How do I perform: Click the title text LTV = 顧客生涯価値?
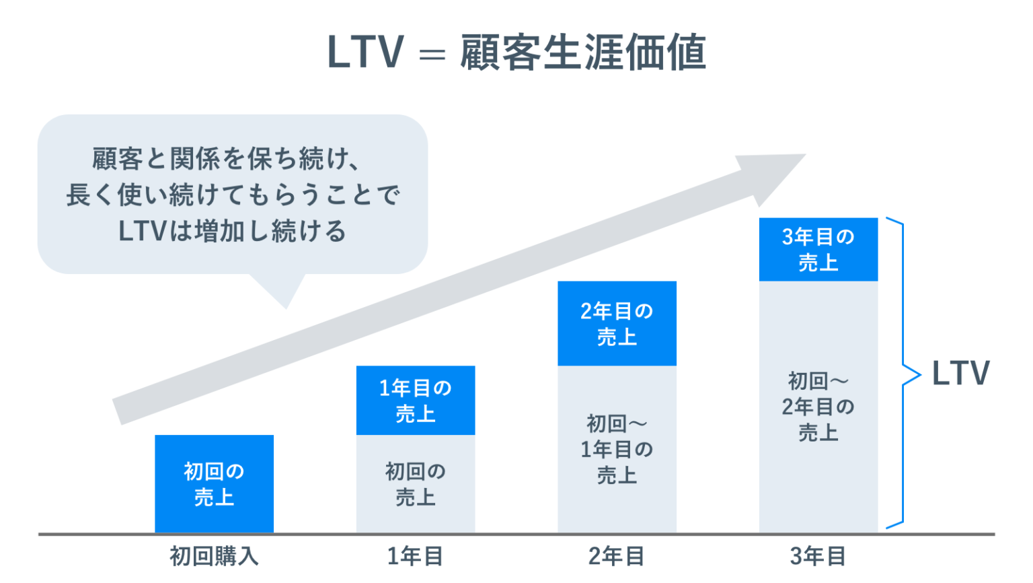coord(516,53)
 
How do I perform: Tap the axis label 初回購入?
coord(214,557)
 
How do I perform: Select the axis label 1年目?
coord(415,557)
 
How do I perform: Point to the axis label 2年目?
coord(617,557)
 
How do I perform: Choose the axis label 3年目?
coord(818,557)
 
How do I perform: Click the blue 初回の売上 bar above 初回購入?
coord(214,484)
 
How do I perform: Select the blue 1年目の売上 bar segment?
coord(415,401)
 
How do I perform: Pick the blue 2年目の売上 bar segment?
coord(617,324)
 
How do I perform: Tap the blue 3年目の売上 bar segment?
coord(818,249)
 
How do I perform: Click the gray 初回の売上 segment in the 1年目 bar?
coord(415,484)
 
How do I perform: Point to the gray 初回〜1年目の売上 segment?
coord(617,449)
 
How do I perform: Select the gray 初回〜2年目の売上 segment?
coord(818,407)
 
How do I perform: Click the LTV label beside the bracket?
coord(960,374)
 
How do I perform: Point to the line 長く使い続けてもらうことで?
coord(233,195)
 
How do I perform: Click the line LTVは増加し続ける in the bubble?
coord(232,232)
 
